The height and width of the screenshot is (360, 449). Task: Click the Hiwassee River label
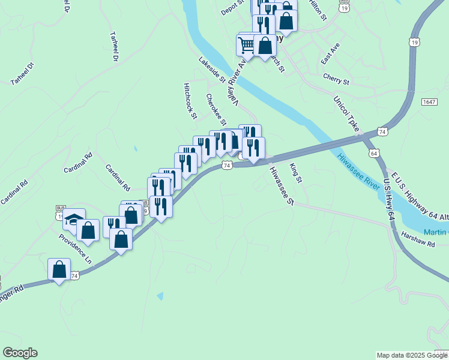(358, 173)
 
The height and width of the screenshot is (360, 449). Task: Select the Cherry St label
(336, 79)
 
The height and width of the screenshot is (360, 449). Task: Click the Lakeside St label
(212, 70)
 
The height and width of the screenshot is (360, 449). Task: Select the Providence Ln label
(76, 249)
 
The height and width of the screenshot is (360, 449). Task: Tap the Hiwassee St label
(280, 185)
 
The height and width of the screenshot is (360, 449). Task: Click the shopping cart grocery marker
(247, 44)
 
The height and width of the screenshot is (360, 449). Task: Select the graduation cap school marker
(74, 220)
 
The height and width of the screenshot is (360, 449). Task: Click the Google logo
(20, 353)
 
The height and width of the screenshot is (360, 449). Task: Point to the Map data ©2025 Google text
(412, 355)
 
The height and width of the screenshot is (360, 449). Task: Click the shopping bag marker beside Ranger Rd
(59, 269)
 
